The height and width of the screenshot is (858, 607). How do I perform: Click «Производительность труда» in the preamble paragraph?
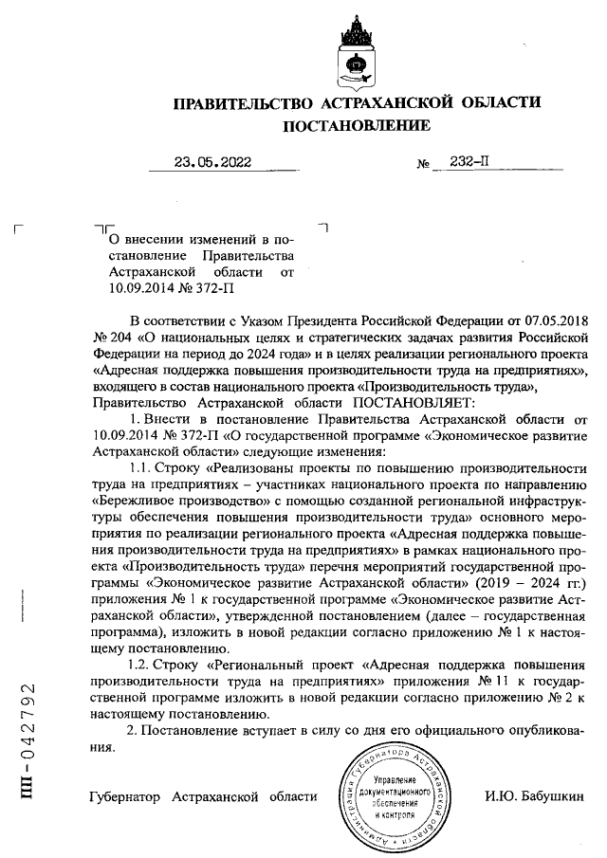click(451, 385)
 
